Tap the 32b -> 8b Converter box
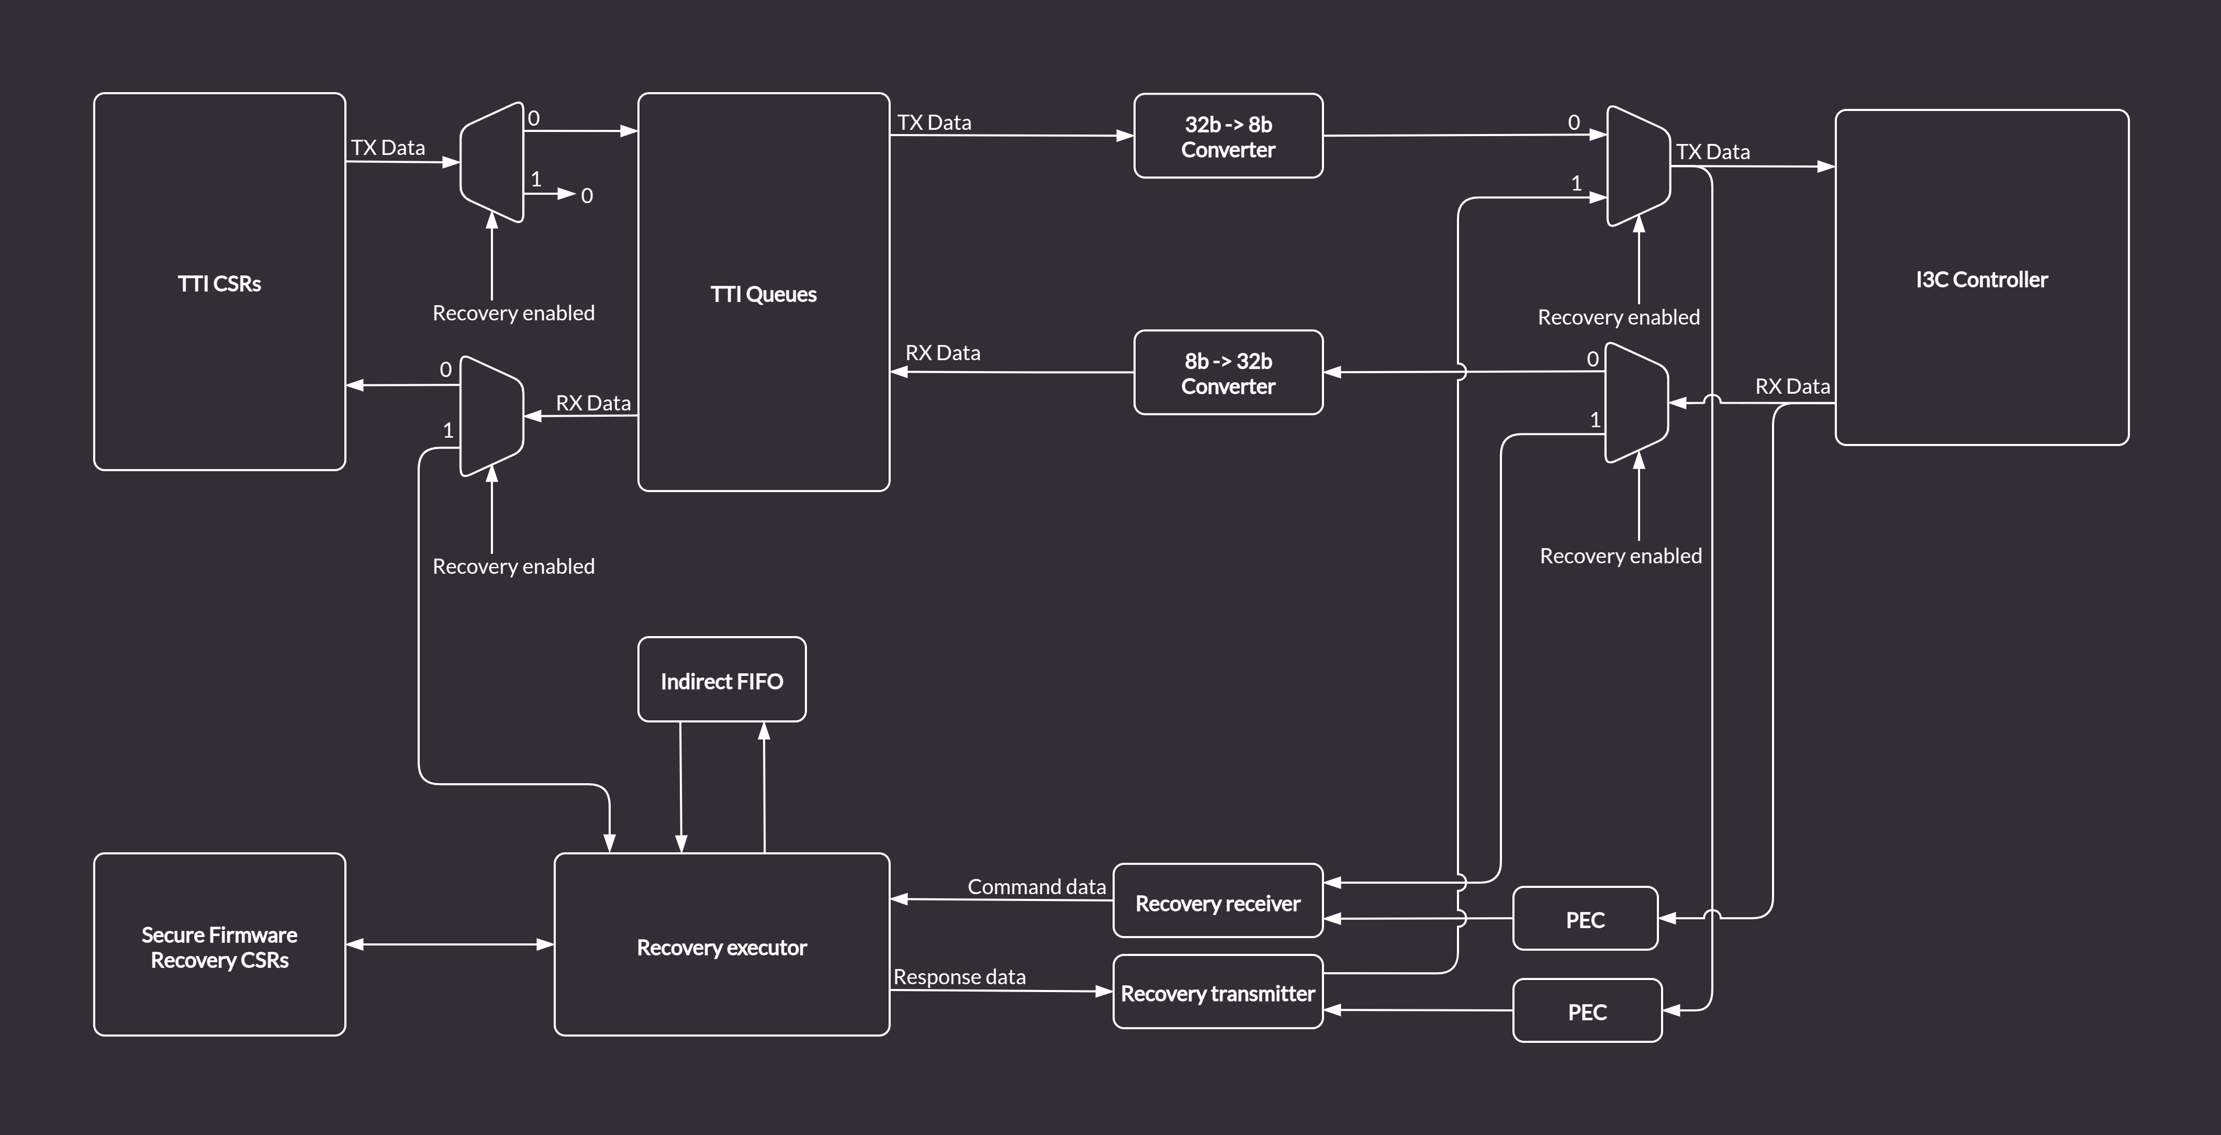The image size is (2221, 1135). click(1228, 136)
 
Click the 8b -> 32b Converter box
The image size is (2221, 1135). click(1228, 373)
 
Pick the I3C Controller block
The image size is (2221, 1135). click(1981, 277)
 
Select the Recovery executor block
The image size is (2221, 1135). click(722, 945)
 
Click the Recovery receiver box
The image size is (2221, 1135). click(1217, 902)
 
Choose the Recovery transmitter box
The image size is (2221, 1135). click(1217, 992)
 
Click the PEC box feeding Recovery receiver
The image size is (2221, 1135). click(1585, 918)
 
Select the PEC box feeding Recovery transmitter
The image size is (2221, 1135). click(1586, 1011)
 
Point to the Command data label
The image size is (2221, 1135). click(1036, 887)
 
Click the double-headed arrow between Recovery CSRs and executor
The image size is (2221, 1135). click(449, 944)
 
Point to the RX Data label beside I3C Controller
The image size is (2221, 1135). click(1792, 386)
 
